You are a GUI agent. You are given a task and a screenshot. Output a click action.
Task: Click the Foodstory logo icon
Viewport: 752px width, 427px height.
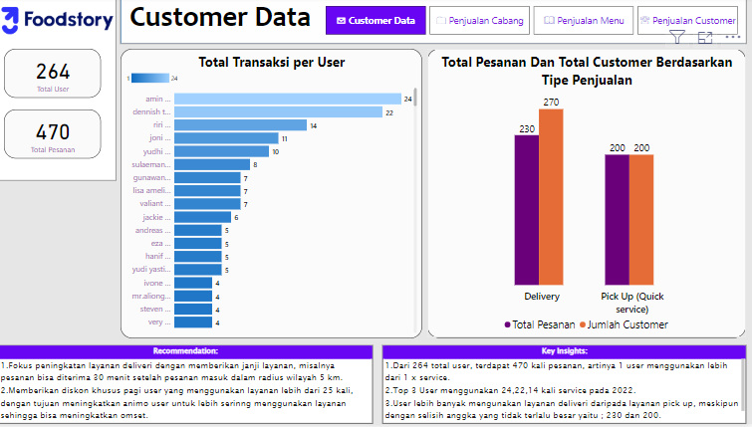13,21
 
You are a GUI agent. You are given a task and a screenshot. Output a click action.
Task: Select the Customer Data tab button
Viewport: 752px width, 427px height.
375,20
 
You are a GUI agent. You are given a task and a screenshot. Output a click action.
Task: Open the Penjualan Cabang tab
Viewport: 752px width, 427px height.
479,20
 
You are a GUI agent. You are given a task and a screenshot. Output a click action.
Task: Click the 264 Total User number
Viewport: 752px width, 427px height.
53,71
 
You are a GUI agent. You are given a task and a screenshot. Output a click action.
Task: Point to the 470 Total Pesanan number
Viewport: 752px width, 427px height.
53,132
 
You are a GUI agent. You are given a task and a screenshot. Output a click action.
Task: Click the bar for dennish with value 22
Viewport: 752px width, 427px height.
279,112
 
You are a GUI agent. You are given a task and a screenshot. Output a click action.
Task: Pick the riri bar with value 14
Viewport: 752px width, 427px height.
240,125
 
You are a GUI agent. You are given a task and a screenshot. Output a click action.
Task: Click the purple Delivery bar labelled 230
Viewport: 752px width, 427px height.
526,210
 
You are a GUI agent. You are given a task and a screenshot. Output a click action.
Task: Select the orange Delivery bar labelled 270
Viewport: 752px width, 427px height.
551,197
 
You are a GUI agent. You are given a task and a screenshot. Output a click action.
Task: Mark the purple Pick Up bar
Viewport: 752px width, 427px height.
617,220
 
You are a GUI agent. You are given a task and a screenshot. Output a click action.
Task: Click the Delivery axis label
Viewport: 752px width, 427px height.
541,297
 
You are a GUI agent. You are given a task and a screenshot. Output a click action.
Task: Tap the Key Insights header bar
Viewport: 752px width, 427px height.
563,351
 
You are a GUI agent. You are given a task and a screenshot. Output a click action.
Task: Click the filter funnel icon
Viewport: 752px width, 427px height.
677,38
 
